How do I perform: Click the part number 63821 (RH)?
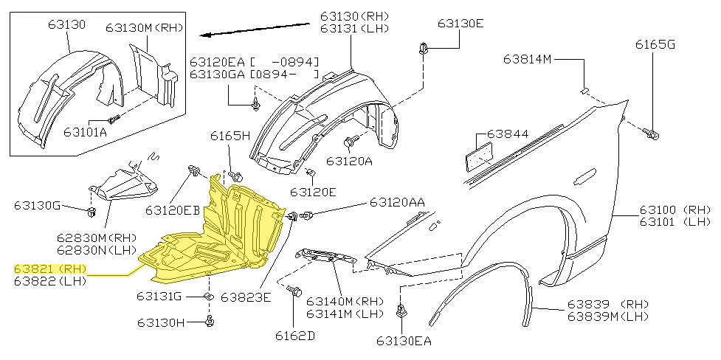pyautogui.click(x=50, y=269)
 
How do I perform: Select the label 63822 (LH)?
pyautogui.click(x=50, y=280)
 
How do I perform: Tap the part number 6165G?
pyautogui.click(x=655, y=45)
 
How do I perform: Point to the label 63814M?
pyautogui.click(x=528, y=58)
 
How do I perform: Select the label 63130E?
pyautogui.click(x=460, y=24)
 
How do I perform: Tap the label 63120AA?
pyautogui.click(x=397, y=201)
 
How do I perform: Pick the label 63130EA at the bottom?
pyautogui.click(x=403, y=341)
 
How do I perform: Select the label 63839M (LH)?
pyautogui.click(x=607, y=316)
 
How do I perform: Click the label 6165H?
pyautogui.click(x=230, y=136)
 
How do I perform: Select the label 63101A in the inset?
pyautogui.click(x=85, y=132)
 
